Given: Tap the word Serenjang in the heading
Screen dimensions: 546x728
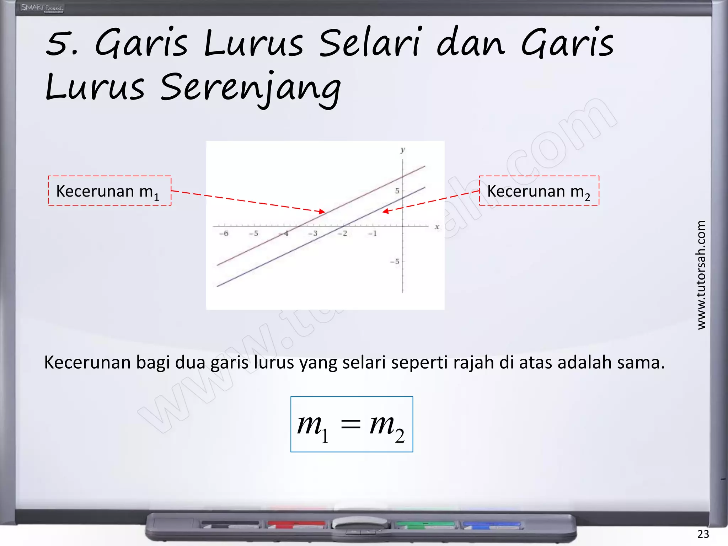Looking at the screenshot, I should point(250,88).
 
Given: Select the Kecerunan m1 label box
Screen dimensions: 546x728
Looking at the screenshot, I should point(109,191).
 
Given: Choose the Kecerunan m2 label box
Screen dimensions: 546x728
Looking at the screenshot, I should point(539,191).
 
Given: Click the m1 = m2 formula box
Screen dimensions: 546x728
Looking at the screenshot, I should point(352,424).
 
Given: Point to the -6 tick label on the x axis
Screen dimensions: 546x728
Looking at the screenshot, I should point(224,234).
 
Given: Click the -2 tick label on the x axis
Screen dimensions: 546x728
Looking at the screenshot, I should point(342,234).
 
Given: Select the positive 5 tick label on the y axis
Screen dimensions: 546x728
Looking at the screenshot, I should point(397,191).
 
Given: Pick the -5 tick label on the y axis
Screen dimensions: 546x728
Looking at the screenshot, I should point(395,262).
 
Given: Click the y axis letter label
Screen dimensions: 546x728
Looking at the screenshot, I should point(403,150).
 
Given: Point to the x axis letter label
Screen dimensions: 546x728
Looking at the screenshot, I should point(437,227).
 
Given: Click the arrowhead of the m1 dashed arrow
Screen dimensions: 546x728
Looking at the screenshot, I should point(322,212).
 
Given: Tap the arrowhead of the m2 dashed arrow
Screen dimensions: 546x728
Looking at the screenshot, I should point(385,212).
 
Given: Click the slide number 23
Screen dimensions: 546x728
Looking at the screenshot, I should point(703,534).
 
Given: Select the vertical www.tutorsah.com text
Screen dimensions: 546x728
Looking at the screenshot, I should point(701,275).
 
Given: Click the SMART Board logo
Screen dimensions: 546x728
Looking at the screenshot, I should point(42,8).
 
